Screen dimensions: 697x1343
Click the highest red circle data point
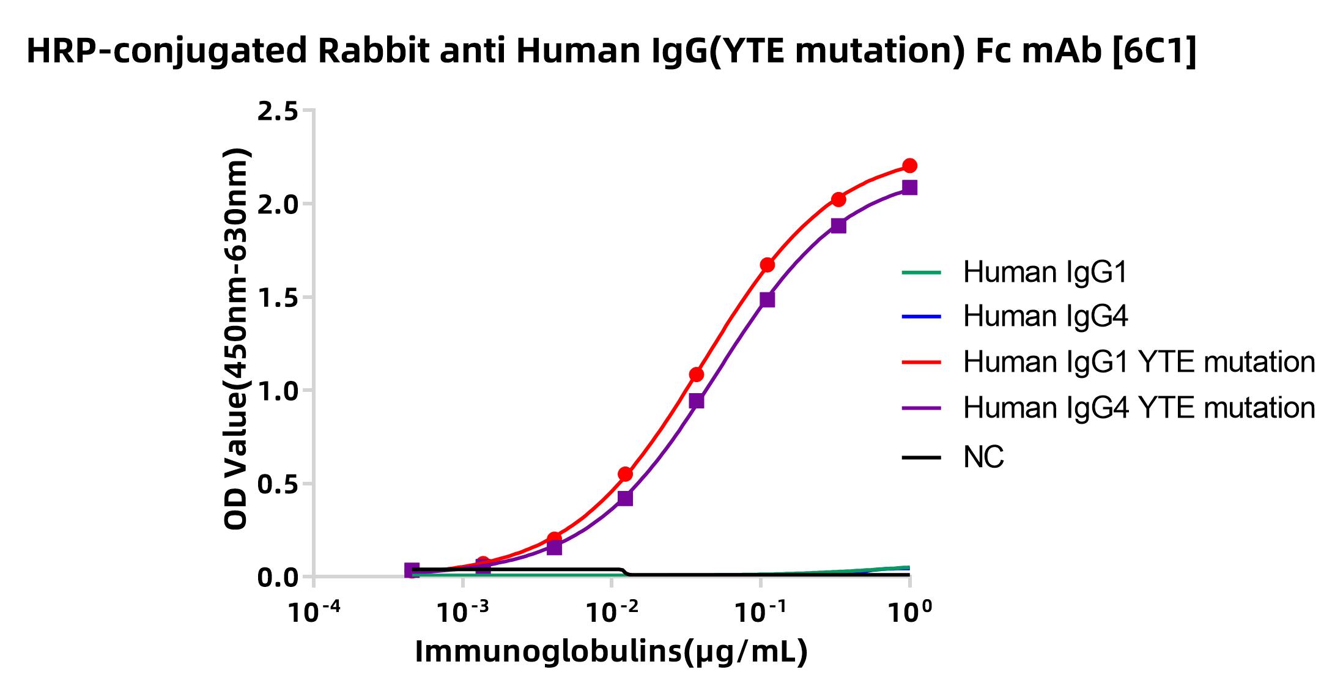pyautogui.click(x=909, y=166)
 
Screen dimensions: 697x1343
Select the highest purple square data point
pyautogui.click(x=909, y=188)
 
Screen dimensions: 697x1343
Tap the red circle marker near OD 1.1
pyautogui.click(x=696, y=374)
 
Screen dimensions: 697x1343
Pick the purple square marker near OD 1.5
pyautogui.click(x=767, y=300)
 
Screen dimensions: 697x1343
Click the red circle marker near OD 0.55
pyautogui.click(x=625, y=474)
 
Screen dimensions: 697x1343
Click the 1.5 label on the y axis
pyautogui.click(x=278, y=298)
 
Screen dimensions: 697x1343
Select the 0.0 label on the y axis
pyautogui.click(x=278, y=578)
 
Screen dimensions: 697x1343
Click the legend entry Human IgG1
pyautogui.click(x=1045, y=272)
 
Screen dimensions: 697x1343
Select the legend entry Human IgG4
pyautogui.click(x=1045, y=316)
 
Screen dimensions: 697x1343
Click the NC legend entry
pyautogui.click(x=983, y=457)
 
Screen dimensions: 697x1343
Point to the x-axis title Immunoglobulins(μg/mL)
pyautogui.click(x=612, y=652)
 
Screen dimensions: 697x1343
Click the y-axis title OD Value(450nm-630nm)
pyautogui.click(x=236, y=339)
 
